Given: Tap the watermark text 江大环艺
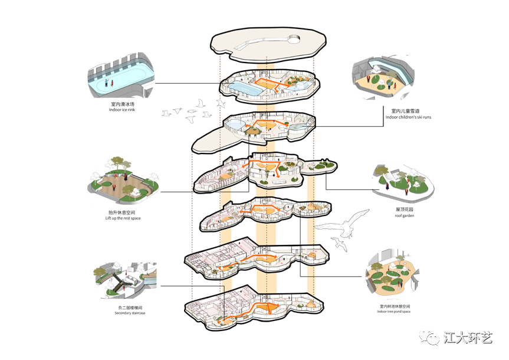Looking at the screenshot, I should tap(467, 338).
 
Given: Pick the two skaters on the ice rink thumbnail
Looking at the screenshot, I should tap(109, 83).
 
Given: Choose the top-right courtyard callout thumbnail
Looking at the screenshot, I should tap(383, 77).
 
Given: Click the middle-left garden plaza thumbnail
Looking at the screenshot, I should tap(123, 183).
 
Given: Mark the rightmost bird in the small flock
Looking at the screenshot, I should tap(221, 104).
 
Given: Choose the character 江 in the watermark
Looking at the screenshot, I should tap(449, 338).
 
